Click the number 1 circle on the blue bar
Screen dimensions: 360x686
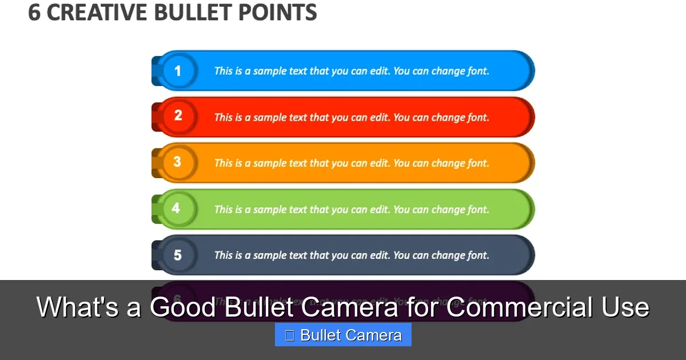(x=178, y=71)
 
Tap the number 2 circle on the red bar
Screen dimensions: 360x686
(x=178, y=116)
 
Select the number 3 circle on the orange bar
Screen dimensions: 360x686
(x=177, y=162)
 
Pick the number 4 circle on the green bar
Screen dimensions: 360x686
(x=176, y=208)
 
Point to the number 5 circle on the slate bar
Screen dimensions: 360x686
(x=177, y=255)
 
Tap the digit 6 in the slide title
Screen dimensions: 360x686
(x=34, y=13)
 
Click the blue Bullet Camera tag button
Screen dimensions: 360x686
(x=343, y=335)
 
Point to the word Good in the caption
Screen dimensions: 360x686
(x=183, y=307)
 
